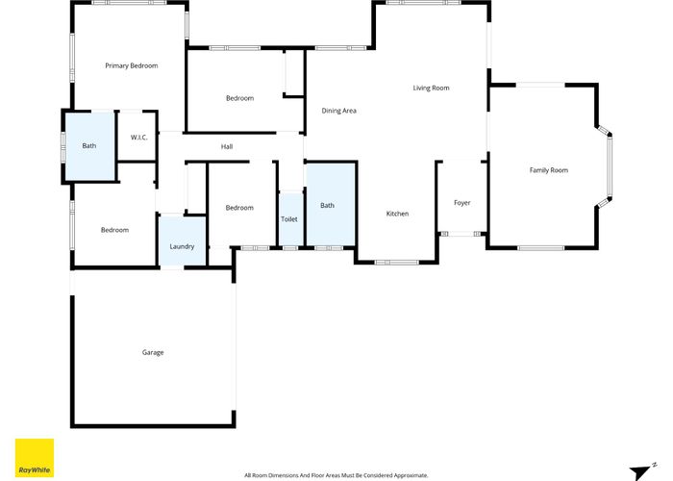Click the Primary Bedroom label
click(131, 65)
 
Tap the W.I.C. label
click(138, 138)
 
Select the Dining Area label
click(338, 111)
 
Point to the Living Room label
click(431, 89)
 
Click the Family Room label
click(548, 170)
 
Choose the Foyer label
click(461, 203)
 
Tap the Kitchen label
click(398, 214)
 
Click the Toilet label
click(289, 219)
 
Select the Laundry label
click(182, 247)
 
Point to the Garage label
click(153, 352)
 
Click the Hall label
click(227, 147)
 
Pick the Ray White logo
click(35, 459)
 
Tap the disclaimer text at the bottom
click(336, 475)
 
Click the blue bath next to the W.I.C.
click(89, 146)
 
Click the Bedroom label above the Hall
click(239, 98)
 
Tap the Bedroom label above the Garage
click(114, 230)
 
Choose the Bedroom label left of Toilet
click(239, 208)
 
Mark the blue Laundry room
click(182, 240)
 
